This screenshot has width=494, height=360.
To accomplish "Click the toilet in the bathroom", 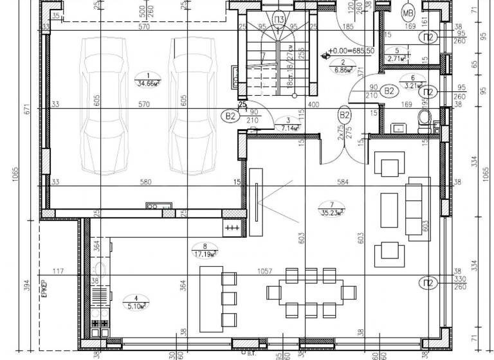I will (x=423, y=118).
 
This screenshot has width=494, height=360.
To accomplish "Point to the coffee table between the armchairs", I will (x=390, y=207).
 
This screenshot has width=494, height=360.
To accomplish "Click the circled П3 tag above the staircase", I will (x=279, y=17).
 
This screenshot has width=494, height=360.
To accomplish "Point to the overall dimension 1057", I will (x=261, y=271).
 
